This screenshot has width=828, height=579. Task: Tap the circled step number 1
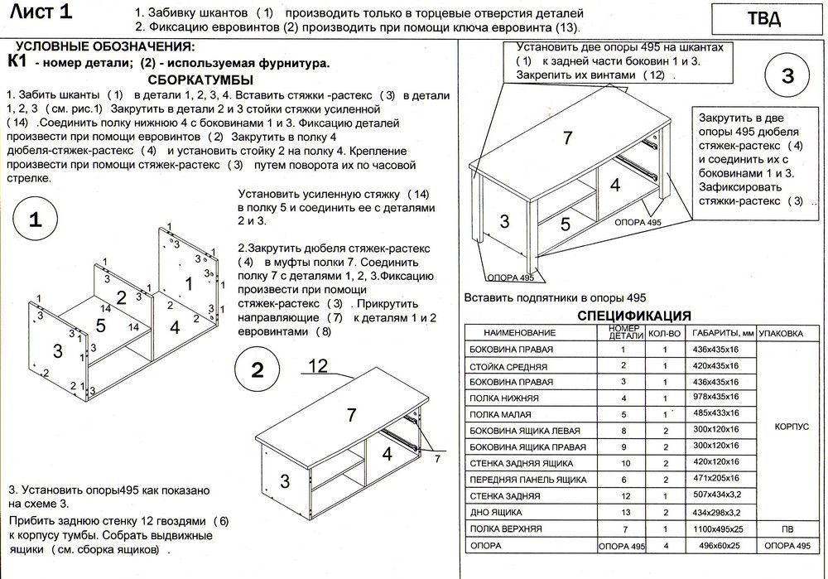[36, 220]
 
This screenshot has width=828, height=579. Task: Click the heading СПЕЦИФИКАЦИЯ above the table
[634, 316]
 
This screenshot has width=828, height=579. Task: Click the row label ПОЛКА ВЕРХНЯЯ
[506, 528]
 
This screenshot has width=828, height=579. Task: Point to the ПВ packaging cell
[791, 528]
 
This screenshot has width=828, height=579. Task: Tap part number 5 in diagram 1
[101, 326]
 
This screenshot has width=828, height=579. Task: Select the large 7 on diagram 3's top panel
[567, 138]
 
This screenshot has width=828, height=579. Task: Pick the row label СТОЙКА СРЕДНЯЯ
[508, 365]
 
